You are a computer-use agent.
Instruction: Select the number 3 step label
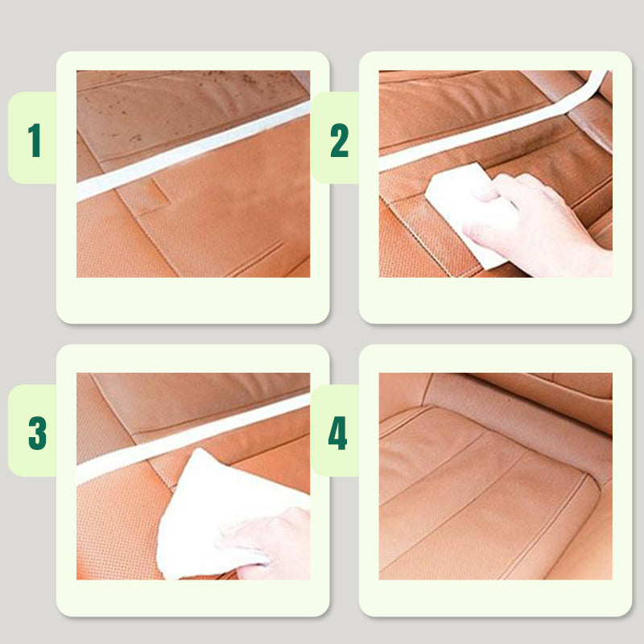37,433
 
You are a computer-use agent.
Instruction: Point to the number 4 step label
337,433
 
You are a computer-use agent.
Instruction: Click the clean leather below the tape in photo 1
217,225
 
